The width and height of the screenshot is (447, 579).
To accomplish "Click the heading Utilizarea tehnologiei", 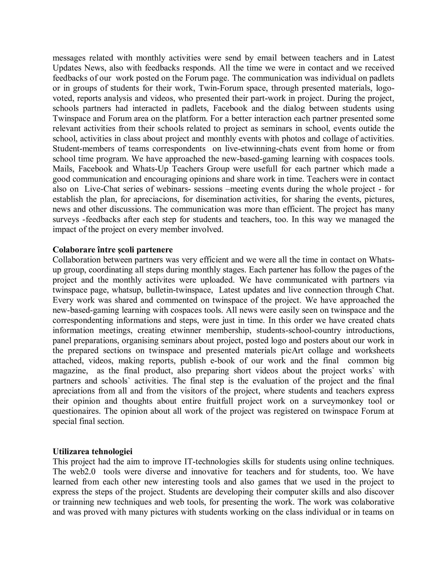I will [x=92, y=451].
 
